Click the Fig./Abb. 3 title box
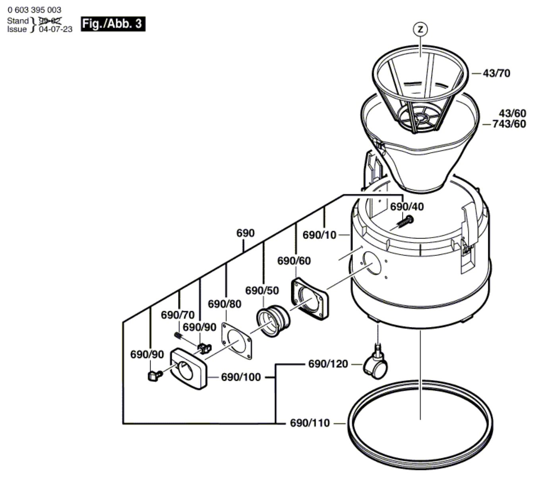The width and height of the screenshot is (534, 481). (113, 24)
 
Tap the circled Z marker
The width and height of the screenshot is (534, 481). (420, 29)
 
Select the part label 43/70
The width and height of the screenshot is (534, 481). (497, 73)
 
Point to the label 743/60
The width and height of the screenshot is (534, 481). (509, 124)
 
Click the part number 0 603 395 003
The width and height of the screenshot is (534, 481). (34, 10)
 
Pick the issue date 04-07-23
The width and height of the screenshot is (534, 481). (56, 29)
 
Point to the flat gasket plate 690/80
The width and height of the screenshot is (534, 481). (237, 341)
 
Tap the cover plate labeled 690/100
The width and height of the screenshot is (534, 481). (188, 369)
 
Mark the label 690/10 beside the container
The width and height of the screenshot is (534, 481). (319, 235)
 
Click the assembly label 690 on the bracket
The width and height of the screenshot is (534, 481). (246, 233)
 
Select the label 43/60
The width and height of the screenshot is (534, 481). (513, 114)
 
